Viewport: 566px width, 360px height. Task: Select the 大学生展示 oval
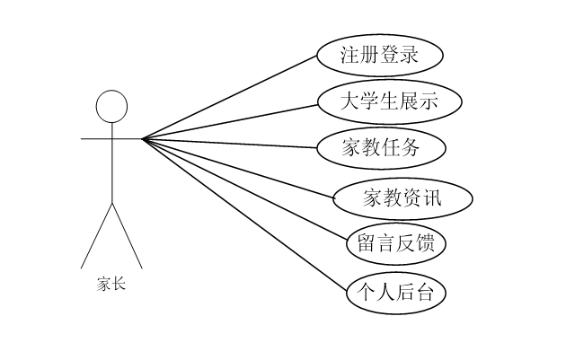click(x=390, y=101)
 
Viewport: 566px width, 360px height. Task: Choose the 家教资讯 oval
click(x=402, y=198)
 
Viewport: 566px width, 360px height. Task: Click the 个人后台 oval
click(x=396, y=293)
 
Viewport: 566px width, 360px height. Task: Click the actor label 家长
click(x=111, y=285)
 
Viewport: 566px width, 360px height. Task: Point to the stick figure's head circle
click(x=111, y=105)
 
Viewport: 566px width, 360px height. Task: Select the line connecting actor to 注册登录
click(x=230, y=97)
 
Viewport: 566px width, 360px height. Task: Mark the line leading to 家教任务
click(x=230, y=144)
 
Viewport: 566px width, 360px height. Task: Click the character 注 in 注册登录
click(x=351, y=55)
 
